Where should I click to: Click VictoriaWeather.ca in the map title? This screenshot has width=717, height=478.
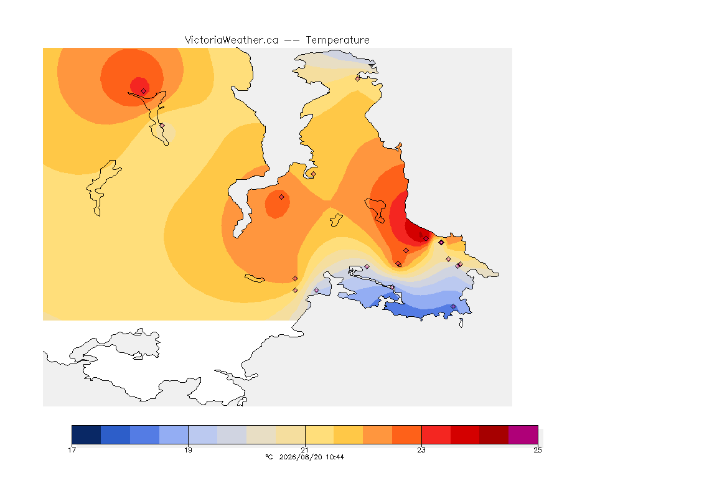[232, 40]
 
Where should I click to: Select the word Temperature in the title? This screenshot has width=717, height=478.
[337, 40]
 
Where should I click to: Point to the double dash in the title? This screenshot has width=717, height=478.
[292, 40]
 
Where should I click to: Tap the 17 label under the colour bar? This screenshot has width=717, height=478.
[72, 450]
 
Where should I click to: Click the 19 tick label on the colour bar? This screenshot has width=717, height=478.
[189, 450]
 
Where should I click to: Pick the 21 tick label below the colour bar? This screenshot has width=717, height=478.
[304, 450]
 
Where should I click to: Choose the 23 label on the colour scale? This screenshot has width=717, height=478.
[421, 450]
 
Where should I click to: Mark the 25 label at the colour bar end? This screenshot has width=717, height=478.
[538, 450]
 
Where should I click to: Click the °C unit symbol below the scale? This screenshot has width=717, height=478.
[269, 457]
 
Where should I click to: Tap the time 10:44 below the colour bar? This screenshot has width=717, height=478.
[335, 457]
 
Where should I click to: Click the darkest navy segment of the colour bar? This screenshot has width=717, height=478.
[87, 434]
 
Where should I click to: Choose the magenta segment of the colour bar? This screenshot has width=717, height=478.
[523, 434]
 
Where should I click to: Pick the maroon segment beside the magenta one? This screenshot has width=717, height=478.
[494, 434]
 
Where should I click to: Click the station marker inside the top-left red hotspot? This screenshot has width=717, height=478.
[144, 91]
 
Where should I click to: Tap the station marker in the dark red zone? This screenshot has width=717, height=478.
[426, 239]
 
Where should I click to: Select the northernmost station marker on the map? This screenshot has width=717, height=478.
[358, 78]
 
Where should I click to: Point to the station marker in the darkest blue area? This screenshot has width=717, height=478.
[454, 306]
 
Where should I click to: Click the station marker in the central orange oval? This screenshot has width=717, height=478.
[282, 197]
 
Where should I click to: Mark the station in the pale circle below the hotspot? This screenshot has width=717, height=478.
[162, 125]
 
